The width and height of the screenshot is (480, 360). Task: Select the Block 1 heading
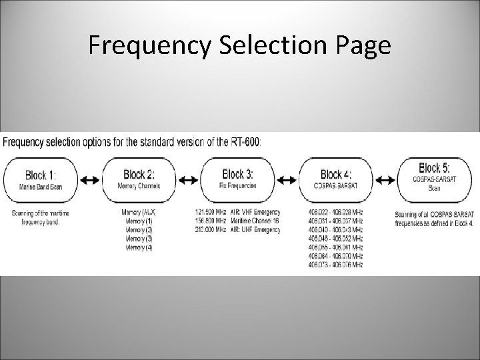point(41,175)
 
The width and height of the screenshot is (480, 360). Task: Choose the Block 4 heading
point(337,173)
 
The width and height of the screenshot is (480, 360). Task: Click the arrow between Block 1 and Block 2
point(91,180)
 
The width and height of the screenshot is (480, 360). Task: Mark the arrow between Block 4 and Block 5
point(385,180)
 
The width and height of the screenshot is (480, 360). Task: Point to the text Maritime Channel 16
point(255,221)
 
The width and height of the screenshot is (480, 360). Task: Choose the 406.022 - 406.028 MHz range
point(335,212)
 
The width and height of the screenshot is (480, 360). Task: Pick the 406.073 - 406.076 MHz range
point(335,265)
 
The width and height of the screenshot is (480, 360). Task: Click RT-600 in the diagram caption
point(247,141)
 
